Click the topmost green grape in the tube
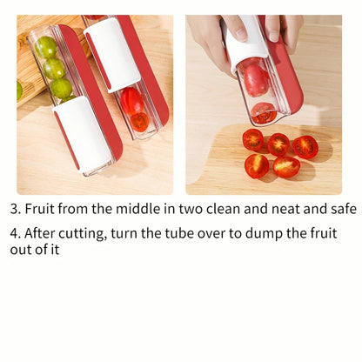(x=46, y=47)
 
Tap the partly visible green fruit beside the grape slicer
(x=18, y=90)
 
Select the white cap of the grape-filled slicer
(x=82, y=131)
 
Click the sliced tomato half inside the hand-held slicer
(x=264, y=112)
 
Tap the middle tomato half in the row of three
(x=278, y=144)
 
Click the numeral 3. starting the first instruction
(x=15, y=209)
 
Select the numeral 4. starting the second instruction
(x=15, y=232)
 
